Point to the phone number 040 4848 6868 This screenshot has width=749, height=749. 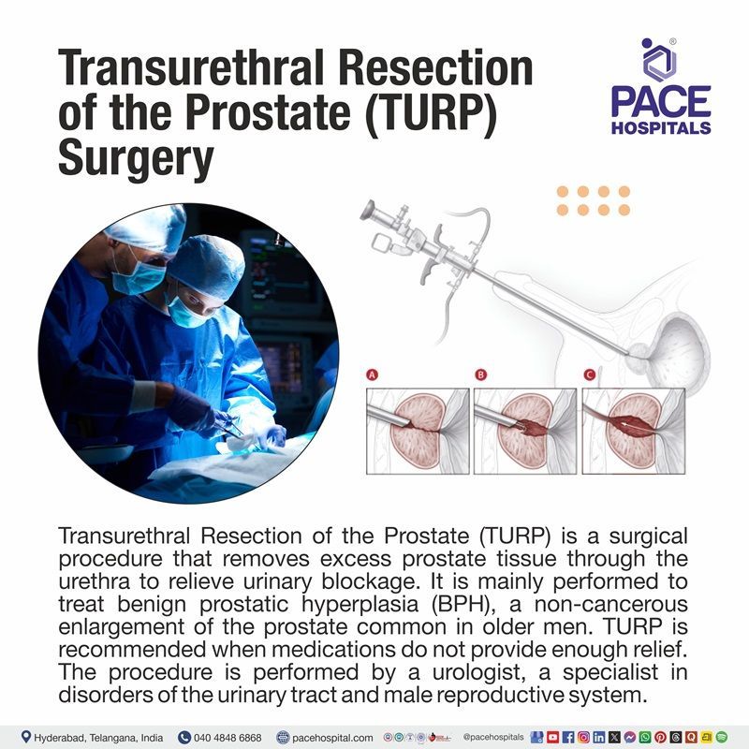click(x=228, y=737)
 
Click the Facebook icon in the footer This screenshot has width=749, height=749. click(x=568, y=737)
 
